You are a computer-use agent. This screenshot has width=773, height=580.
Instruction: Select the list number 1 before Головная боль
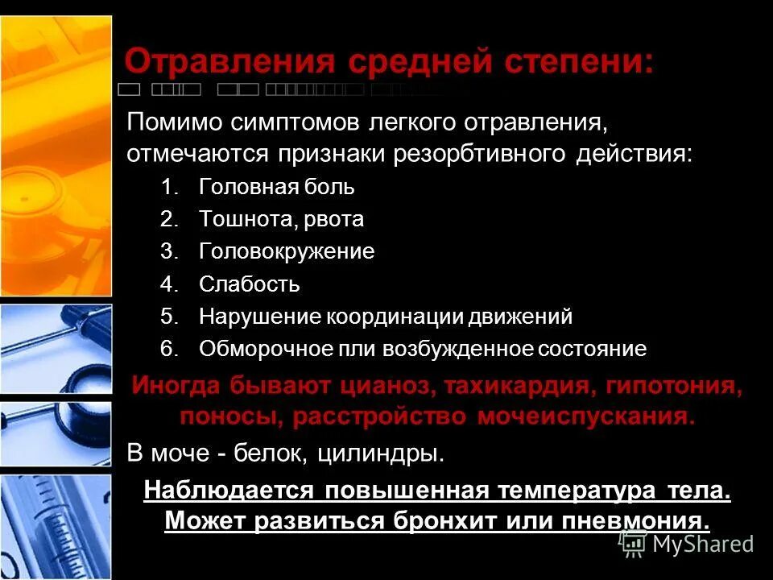pos(167,188)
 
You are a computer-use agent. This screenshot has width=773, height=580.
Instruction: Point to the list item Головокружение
pos(287,252)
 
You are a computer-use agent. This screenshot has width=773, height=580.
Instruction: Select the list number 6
pos(167,349)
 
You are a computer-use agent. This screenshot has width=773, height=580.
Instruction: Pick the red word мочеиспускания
pos(585,417)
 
